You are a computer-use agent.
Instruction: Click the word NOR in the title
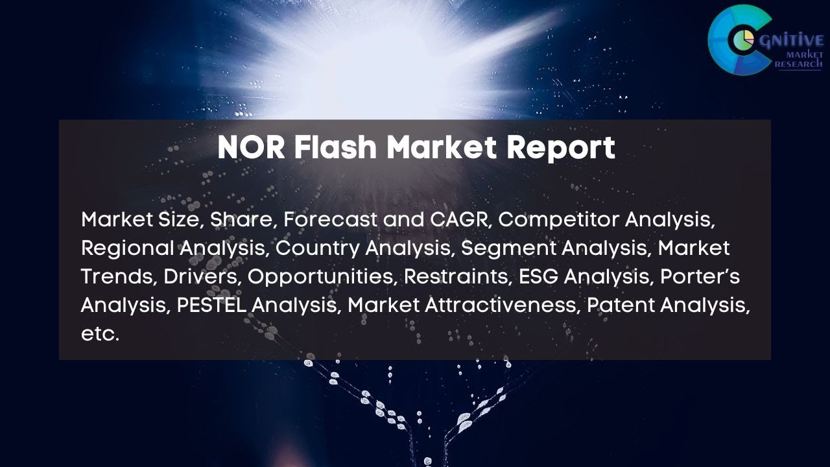coord(250,149)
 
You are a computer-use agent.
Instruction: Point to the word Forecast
coord(331,220)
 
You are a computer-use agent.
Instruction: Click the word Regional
coord(127,248)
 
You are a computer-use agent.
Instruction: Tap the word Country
coord(318,248)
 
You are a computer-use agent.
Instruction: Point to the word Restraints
coord(458,277)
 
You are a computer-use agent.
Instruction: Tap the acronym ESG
coord(538,277)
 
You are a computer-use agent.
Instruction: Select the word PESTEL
coord(211,305)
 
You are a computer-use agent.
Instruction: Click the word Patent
coord(619,305)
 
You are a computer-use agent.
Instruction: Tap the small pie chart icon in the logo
coord(741,40)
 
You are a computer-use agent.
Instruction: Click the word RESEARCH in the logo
coord(798,64)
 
